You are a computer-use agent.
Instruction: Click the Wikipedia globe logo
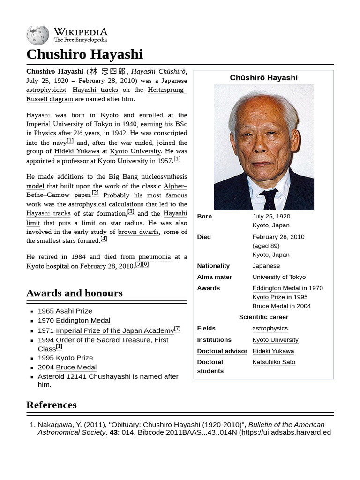pyautogui.click(x=37, y=35)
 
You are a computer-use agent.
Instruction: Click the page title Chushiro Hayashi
pyautogui.click(x=84, y=54)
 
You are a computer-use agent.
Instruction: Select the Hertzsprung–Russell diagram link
pyautogui.click(x=50, y=99)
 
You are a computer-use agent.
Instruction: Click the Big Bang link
pyautogui.click(x=123, y=177)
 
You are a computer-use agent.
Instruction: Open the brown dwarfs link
pyautogui.click(x=138, y=232)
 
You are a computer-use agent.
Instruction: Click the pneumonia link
pyautogui.click(x=154, y=257)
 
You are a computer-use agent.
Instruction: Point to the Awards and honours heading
pyautogui.click(x=75, y=293)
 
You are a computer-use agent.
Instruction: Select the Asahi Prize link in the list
pyautogui.click(x=74, y=311)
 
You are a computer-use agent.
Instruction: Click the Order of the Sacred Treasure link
pyautogui.click(x=103, y=340)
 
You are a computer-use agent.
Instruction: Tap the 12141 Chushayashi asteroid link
pyautogui.click(x=98, y=376)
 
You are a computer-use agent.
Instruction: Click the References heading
pyautogui.click(x=51, y=405)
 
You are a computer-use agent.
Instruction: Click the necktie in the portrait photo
pyautogui.click(x=270, y=199)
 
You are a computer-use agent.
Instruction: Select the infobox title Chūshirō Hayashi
pyautogui.click(x=263, y=78)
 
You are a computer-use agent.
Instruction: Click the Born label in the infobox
pyautogui.click(x=204, y=217)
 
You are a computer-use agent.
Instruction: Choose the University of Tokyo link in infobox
pyautogui.click(x=279, y=277)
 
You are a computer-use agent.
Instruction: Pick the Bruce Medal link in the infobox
pyautogui.click(x=270, y=306)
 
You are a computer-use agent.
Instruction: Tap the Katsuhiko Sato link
pyautogui.click(x=274, y=362)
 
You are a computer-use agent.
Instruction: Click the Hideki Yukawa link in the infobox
pyautogui.click(x=273, y=351)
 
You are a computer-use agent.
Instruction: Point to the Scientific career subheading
pyautogui.click(x=263, y=317)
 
